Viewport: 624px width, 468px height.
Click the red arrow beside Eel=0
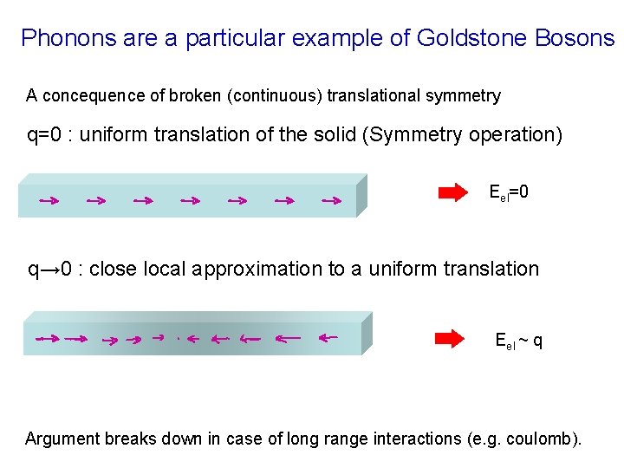(x=452, y=192)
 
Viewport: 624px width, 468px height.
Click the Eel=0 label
(x=509, y=192)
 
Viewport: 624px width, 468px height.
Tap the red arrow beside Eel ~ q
(x=449, y=338)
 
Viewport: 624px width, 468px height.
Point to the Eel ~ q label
(x=518, y=340)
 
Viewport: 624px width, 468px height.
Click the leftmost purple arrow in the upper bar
(x=48, y=201)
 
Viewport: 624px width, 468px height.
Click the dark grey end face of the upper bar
(x=361, y=195)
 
